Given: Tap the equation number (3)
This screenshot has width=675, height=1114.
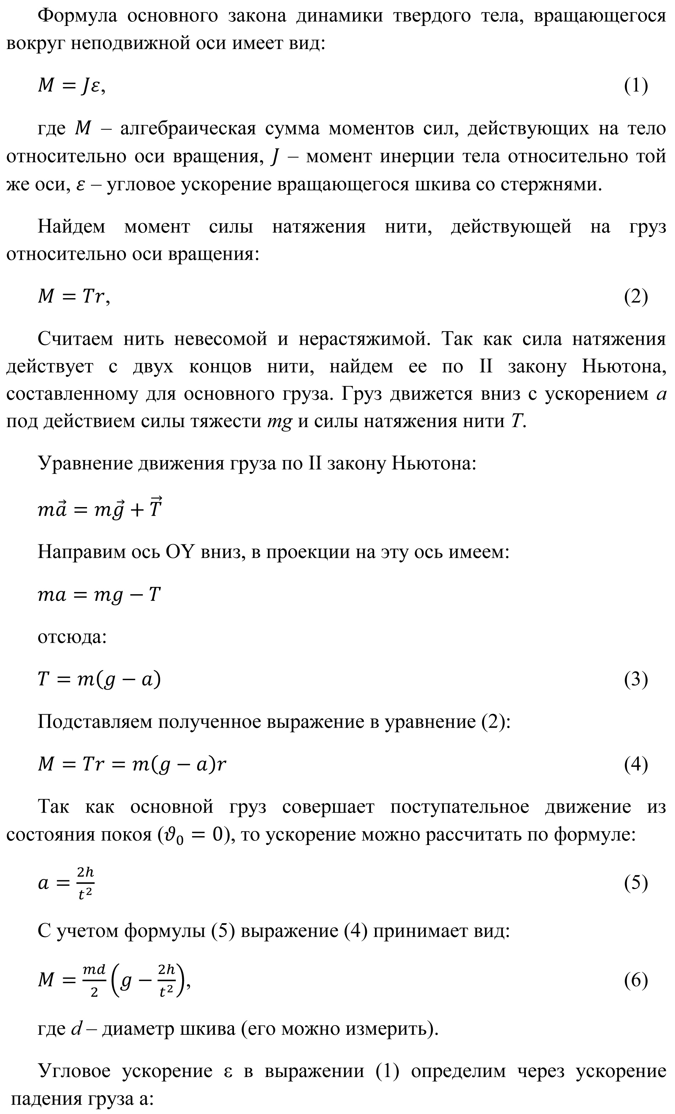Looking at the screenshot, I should point(636,679).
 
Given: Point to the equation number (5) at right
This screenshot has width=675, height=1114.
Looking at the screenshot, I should point(636,883).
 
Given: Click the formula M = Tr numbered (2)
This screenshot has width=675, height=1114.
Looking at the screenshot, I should point(74,297).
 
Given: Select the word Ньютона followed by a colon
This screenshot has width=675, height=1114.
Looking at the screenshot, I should point(433,463).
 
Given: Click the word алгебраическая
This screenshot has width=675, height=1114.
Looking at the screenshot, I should point(188,129).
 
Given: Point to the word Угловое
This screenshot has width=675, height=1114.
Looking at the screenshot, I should point(74,1071).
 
